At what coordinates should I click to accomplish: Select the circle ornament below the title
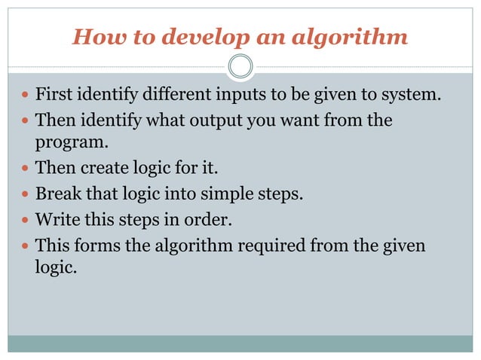pyautogui.click(x=240, y=66)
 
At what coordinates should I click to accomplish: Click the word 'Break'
pyautogui.click(x=57, y=194)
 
